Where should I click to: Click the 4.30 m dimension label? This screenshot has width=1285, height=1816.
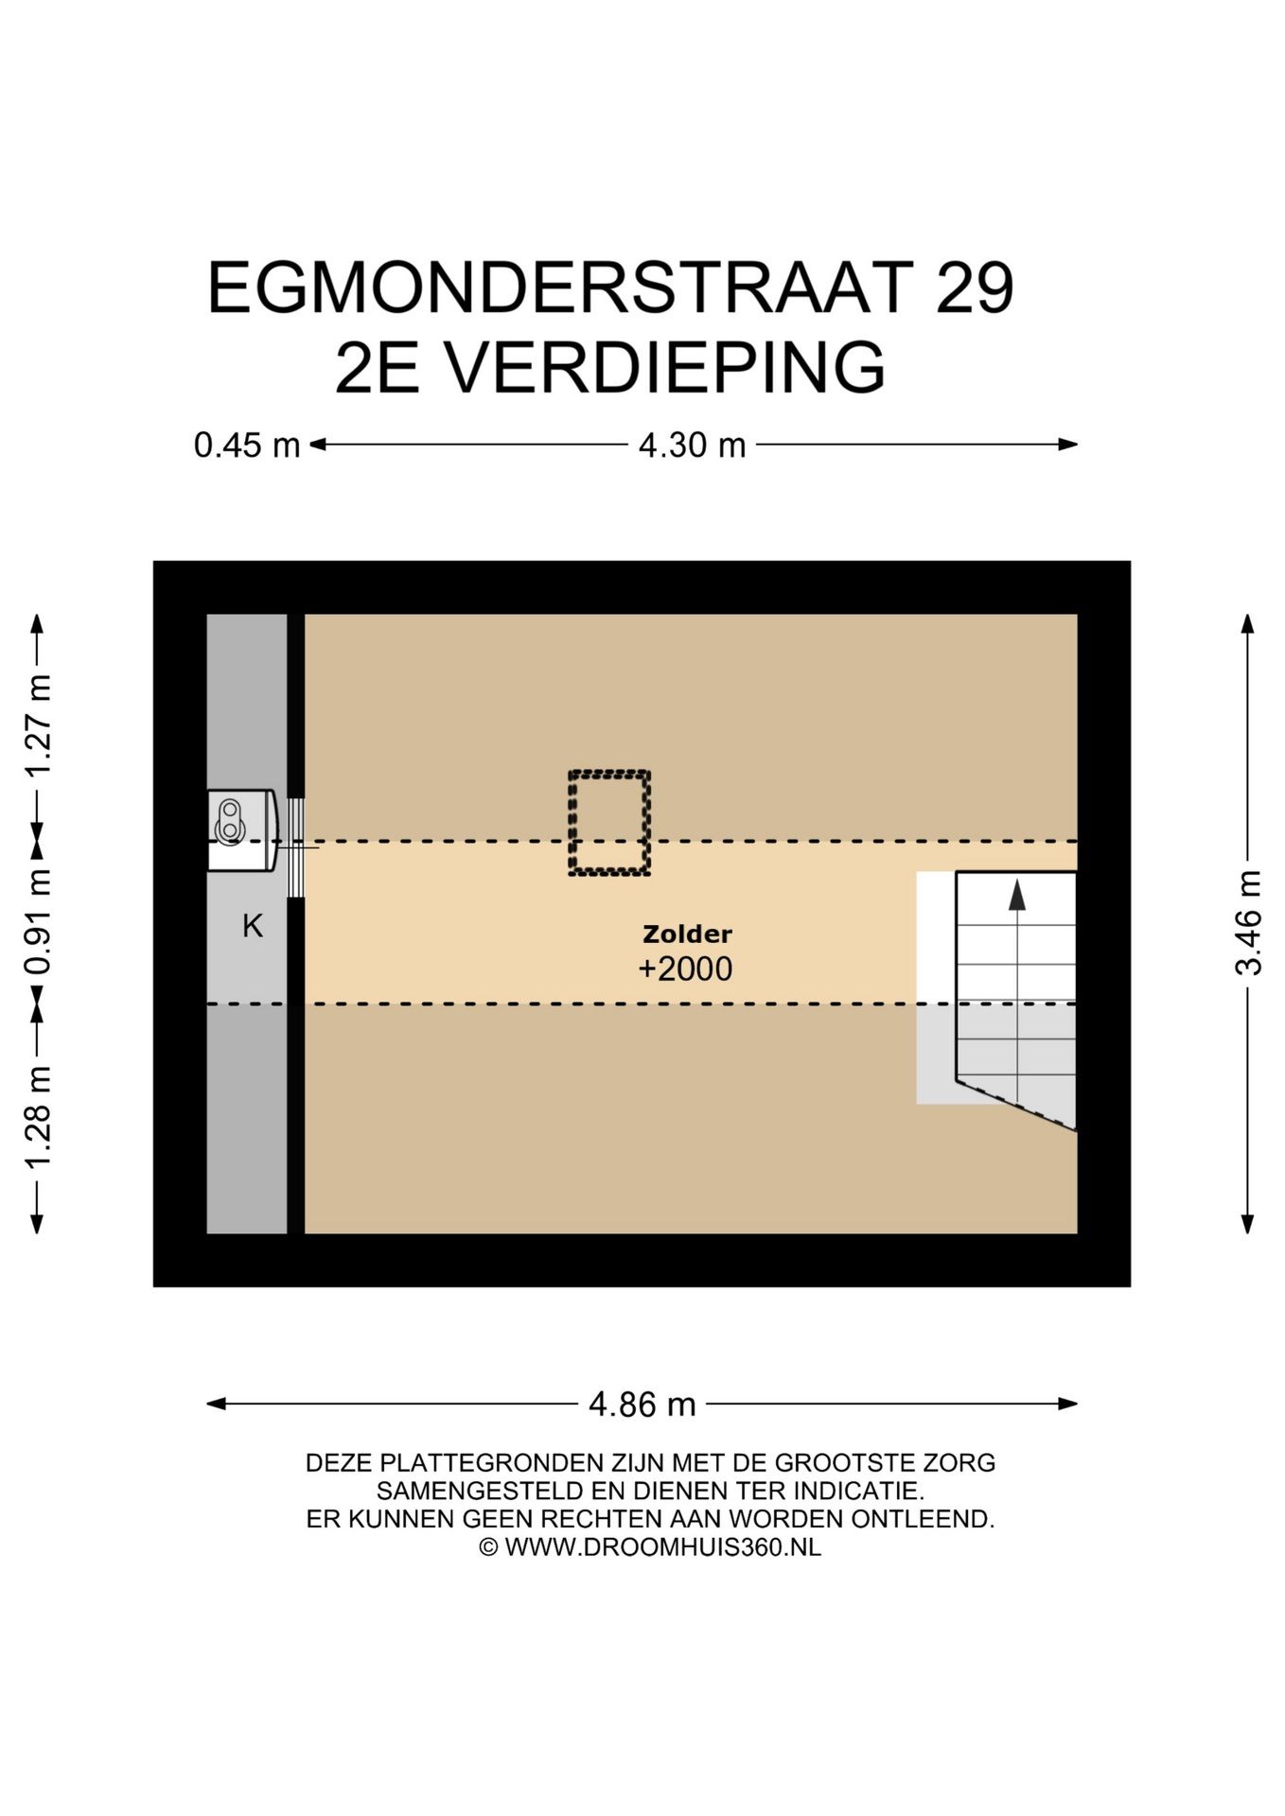click(692, 445)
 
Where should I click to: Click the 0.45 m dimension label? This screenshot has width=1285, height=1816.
click(246, 445)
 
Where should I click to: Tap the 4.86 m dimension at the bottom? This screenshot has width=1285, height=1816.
click(642, 1405)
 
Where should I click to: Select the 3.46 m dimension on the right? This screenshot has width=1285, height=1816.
click(1248, 923)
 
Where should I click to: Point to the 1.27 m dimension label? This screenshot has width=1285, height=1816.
click(38, 725)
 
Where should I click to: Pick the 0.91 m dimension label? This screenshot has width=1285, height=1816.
click(38, 923)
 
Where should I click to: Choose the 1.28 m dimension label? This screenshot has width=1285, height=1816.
click(38, 1117)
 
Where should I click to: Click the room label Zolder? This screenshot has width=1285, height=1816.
click(687, 934)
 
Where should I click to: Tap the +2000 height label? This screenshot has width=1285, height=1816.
click(685, 969)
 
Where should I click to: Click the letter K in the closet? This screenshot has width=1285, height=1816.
click(252, 926)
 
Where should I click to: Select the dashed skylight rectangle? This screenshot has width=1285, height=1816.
click(608, 822)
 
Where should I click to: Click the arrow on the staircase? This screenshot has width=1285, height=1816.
click(1017, 895)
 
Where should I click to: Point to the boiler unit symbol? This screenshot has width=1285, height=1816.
click(240, 829)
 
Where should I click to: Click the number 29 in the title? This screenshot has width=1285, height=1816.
click(974, 288)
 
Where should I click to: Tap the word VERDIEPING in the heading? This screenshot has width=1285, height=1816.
click(664, 369)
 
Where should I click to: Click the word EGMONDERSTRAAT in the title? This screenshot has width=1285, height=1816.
click(560, 288)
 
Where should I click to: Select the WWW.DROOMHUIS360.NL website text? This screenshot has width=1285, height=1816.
click(662, 1547)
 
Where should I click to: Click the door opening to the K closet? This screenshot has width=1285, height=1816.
click(296, 847)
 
